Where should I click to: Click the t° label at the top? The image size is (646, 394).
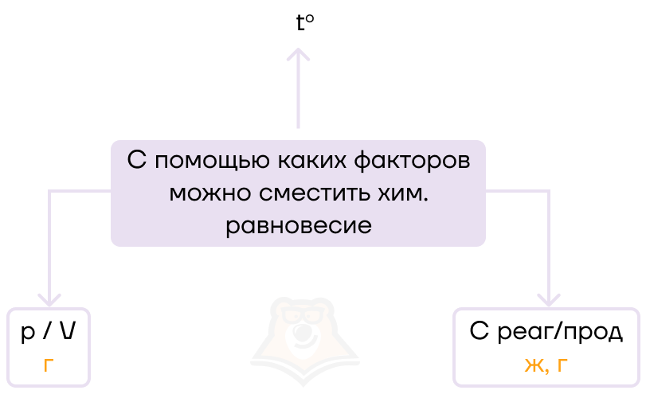[x=304, y=23]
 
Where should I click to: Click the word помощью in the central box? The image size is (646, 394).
[x=206, y=158]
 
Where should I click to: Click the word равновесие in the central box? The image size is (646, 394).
[x=299, y=225]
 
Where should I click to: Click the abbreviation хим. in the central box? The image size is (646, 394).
[x=403, y=192]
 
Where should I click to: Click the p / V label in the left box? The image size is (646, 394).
[x=49, y=333]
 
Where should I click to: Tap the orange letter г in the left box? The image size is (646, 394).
[x=49, y=365]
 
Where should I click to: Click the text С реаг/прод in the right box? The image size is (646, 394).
[x=546, y=333]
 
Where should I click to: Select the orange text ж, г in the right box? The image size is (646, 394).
[x=546, y=365]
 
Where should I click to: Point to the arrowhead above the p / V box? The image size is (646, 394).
[x=49, y=299]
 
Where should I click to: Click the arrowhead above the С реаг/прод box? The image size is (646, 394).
[x=549, y=299]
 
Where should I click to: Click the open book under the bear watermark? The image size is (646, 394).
[x=299, y=366]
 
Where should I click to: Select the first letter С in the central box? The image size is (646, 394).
[x=138, y=158]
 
